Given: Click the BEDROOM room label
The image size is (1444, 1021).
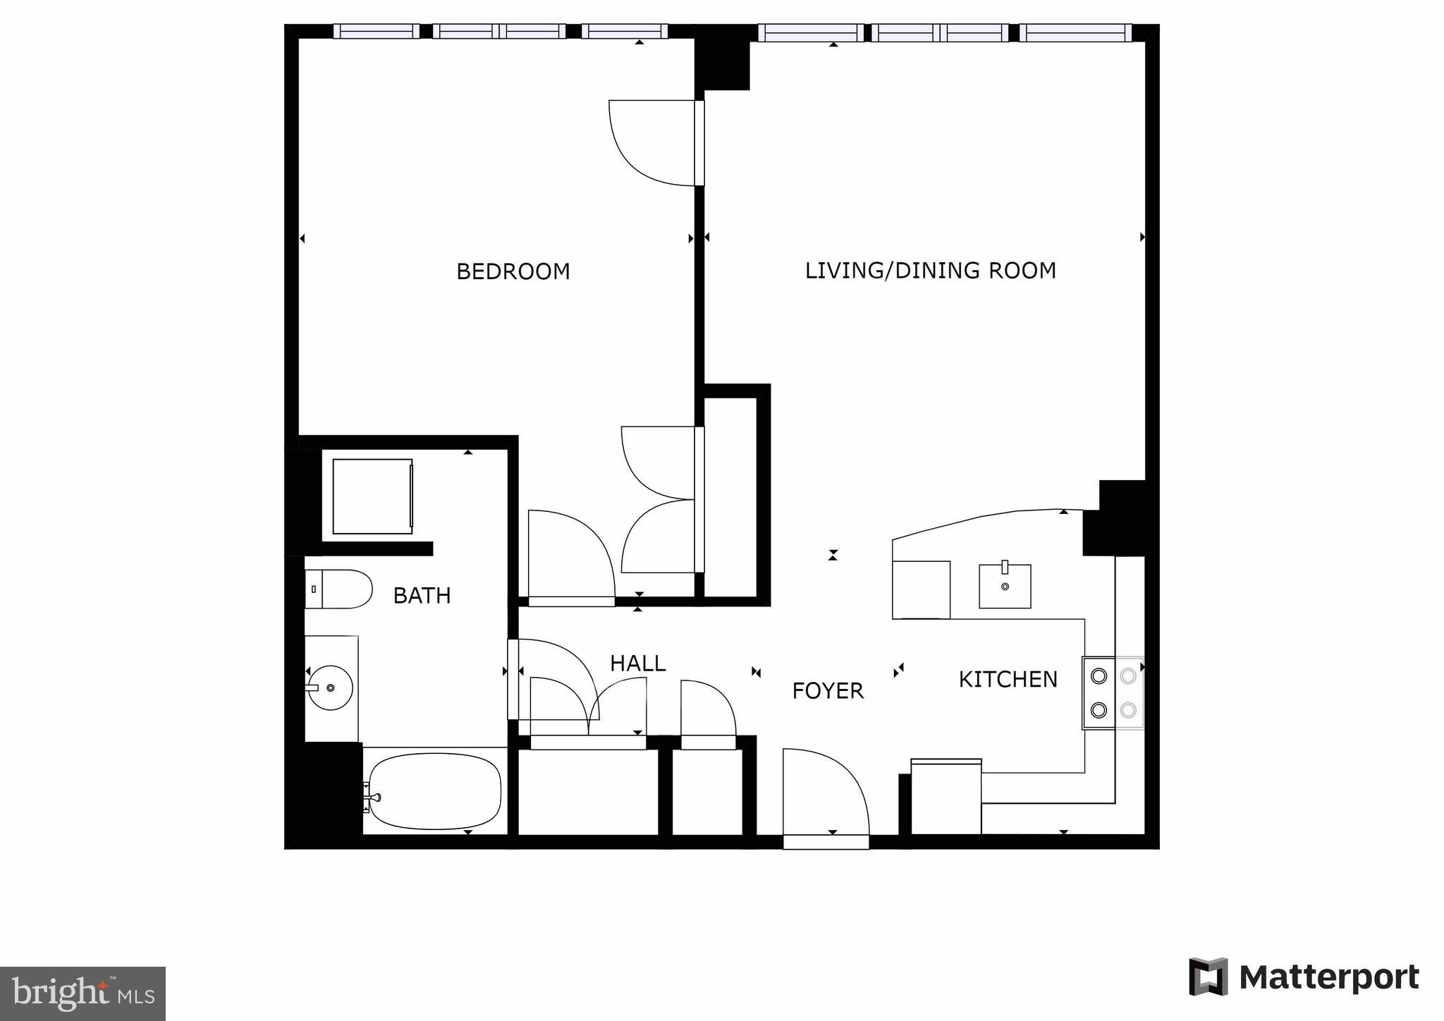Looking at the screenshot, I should click(x=513, y=271).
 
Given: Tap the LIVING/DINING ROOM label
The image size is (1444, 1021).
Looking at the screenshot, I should click(x=930, y=271).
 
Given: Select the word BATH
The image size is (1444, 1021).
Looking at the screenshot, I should click(x=422, y=596).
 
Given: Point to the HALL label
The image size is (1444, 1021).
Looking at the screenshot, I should click(x=637, y=664).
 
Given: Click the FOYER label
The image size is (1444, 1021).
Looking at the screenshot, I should click(x=828, y=691).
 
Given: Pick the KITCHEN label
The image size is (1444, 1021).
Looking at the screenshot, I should click(x=1008, y=680).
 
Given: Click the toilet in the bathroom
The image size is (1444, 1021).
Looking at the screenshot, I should click(x=339, y=589).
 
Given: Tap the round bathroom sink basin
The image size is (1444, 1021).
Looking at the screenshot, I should click(x=331, y=687).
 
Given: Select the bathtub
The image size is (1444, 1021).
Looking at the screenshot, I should click(x=434, y=790).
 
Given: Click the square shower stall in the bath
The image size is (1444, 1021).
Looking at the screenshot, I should click(x=372, y=496).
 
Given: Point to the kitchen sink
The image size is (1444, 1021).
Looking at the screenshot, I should click(x=1005, y=586).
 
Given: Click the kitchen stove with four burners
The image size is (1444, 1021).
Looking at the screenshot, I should click(x=1113, y=693).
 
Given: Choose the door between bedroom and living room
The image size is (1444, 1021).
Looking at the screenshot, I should click(x=656, y=143).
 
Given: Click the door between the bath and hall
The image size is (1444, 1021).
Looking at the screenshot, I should click(x=553, y=679).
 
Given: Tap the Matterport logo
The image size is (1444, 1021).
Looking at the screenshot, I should click(x=1304, y=977).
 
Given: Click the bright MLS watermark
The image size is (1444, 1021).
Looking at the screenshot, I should click(x=82, y=994).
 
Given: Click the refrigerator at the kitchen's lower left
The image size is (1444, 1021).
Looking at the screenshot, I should click(x=946, y=797).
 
